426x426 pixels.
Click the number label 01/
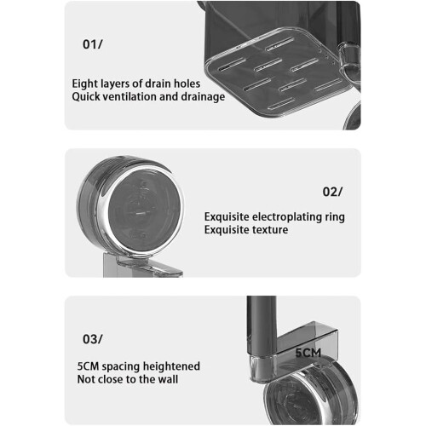point(93,44)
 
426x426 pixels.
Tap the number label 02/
point(332,192)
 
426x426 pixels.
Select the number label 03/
point(93,339)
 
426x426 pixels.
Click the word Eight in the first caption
point(83,84)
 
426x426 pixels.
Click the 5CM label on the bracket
point(308,353)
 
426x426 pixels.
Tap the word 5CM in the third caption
point(88,366)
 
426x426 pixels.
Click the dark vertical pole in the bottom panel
point(262,325)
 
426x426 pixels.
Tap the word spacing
point(121,367)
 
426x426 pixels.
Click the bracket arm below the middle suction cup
point(142,266)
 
